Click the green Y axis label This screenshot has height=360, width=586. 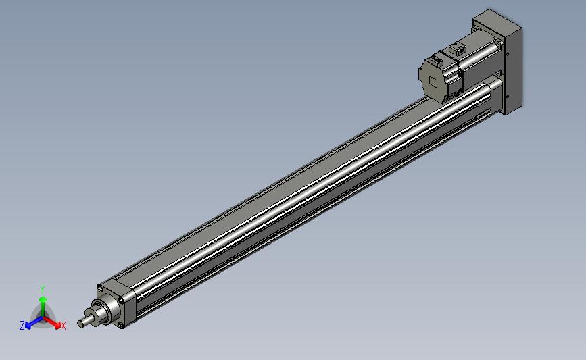pos(43,290)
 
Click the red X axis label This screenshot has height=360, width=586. pos(63,326)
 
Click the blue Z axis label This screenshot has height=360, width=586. pos(22,325)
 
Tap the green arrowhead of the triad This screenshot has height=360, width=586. pos(43,299)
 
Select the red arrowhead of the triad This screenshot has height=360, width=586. pos(57,326)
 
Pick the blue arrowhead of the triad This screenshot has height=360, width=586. pos(28,326)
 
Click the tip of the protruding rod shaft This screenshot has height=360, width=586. pos(80,324)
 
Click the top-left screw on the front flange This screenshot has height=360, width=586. pos(99,288)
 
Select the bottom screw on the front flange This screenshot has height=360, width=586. pos(121,324)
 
